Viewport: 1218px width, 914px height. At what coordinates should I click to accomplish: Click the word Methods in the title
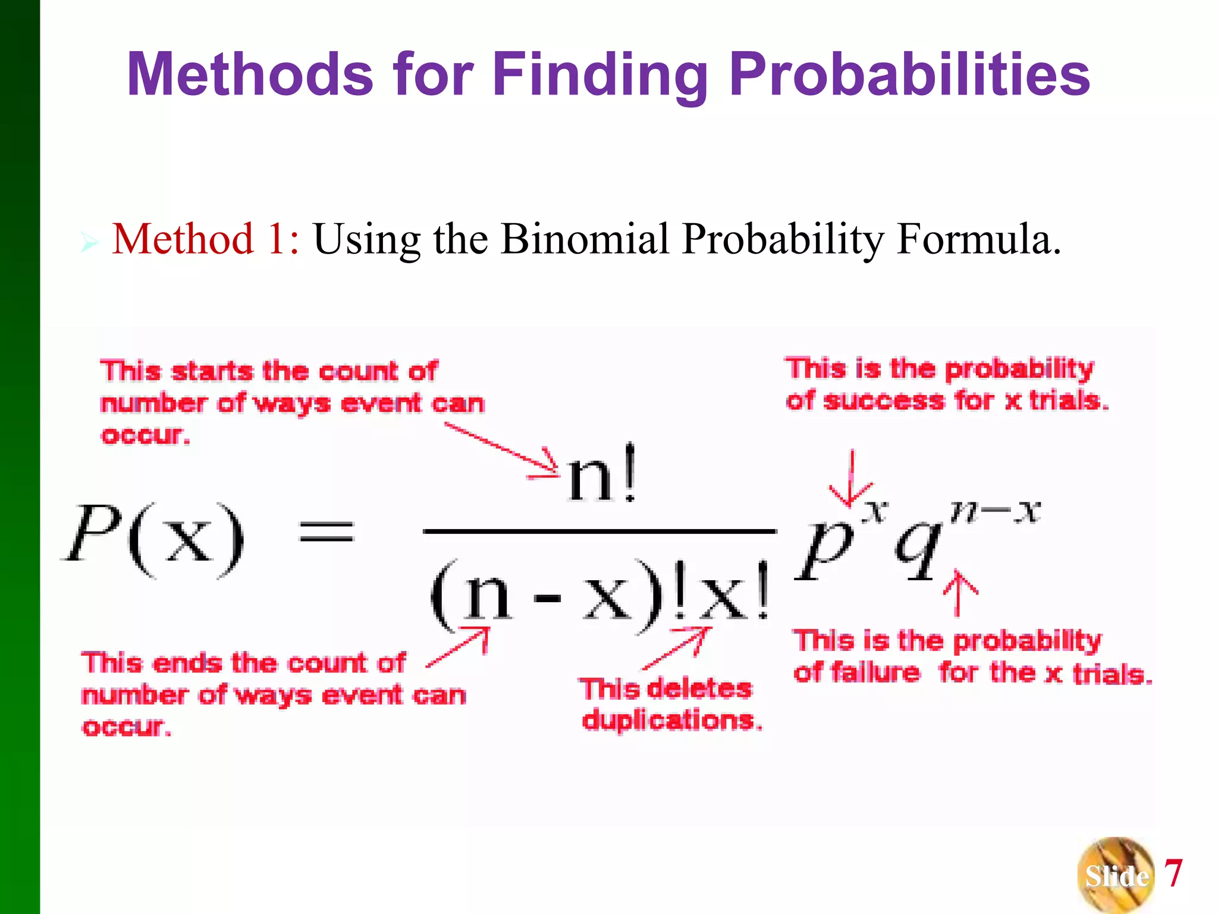coord(250,74)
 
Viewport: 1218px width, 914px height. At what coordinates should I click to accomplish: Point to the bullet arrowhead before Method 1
coord(89,243)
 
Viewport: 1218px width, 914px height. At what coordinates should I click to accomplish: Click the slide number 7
coord(1173,873)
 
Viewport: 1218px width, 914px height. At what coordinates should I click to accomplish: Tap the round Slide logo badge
coord(1115,875)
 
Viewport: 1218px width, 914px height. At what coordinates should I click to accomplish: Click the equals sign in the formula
coord(327,530)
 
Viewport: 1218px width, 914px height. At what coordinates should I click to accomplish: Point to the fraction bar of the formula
coord(599,530)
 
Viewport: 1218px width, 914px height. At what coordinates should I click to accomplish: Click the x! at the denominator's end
coord(734,595)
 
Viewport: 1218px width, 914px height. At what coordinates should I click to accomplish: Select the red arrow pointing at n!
coord(503,449)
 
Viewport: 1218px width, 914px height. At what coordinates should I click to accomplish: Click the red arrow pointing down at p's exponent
coord(852,479)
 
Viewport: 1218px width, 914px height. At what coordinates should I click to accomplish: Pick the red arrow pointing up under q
coord(959,592)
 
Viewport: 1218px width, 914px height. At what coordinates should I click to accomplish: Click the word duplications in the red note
coord(671,721)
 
